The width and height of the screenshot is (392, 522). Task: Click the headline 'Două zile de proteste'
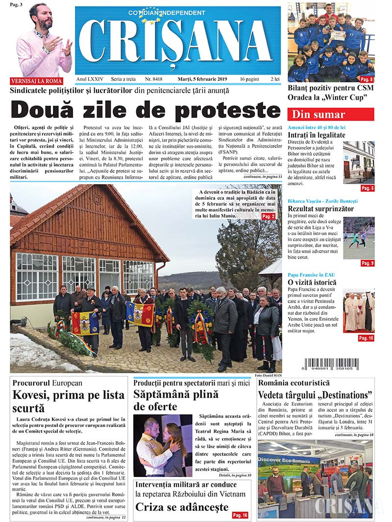tap(146, 110)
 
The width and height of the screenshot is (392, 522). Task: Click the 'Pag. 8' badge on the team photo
tap(367, 79)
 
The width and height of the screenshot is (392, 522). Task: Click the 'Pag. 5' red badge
tap(367, 188)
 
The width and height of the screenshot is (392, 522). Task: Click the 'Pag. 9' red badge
tap(367, 263)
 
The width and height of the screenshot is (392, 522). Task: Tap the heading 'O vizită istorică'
tap(312, 282)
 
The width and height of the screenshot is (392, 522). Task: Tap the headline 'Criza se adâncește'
tap(182, 507)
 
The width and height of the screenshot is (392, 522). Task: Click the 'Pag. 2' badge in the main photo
tap(268, 216)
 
